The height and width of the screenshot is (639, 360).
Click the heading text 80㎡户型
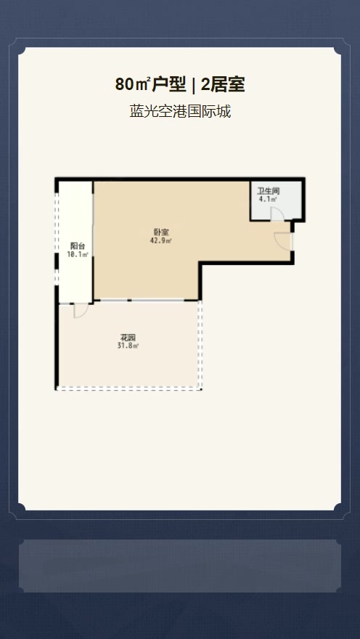[x=150, y=85]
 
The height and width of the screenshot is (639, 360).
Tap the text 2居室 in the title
[x=223, y=85]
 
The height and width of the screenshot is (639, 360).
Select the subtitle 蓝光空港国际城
[x=180, y=111]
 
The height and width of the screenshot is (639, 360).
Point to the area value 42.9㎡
[x=161, y=240]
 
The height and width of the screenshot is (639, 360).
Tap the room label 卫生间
[x=268, y=192]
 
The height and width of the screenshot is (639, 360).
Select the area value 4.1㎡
[x=268, y=199]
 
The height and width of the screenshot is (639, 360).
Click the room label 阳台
[x=78, y=246]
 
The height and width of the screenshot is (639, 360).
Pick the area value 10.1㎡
[x=78, y=254]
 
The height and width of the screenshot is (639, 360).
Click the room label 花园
[x=128, y=338]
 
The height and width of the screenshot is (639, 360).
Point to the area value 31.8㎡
[x=128, y=346]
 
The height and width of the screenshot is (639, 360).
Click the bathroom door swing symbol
[x=277, y=214]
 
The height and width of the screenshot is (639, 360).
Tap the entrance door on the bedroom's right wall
[x=284, y=240]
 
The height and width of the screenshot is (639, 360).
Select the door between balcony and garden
[x=81, y=311]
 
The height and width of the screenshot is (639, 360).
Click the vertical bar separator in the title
[x=193, y=85]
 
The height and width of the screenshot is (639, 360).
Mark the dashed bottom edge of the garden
[x=128, y=390]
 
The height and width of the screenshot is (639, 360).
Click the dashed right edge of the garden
[x=200, y=345]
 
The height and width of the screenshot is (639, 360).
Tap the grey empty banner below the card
[x=180, y=566]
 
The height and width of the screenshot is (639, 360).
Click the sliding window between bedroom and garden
[x=146, y=301]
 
